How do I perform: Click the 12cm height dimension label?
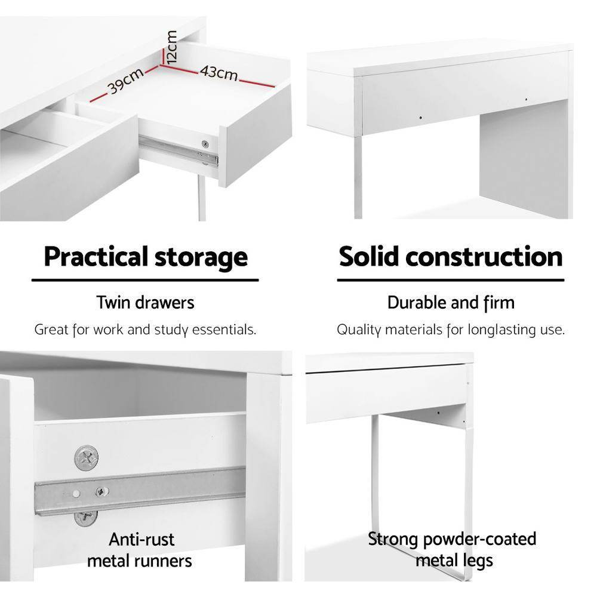click(172, 47)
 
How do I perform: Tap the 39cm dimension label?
click(125, 82)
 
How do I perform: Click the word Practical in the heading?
click(96, 257)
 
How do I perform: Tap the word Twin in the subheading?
click(115, 303)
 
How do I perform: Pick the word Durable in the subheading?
click(417, 303)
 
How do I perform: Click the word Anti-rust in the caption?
click(141, 540)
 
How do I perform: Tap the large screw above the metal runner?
click(86, 458)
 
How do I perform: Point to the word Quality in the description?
click(359, 330)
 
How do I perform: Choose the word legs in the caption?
click(478, 561)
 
